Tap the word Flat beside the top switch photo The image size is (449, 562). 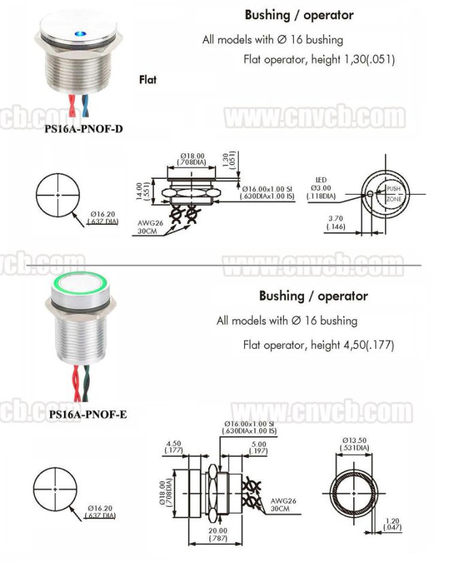(148, 80)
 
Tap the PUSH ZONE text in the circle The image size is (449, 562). (394, 193)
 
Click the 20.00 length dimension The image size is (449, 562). (218, 534)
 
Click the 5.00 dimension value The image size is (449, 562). (258, 447)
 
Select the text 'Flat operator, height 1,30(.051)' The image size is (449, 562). (319, 59)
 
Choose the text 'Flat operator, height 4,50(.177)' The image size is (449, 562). (318, 345)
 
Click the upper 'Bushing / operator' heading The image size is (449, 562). (299, 14)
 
